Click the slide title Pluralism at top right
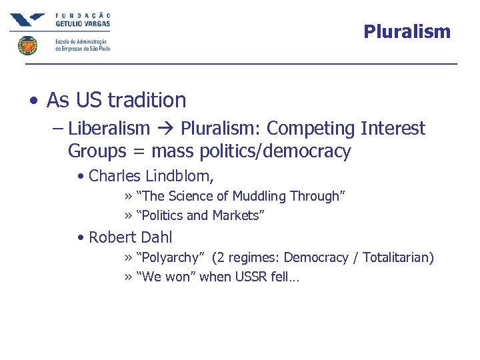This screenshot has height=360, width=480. click(x=407, y=31)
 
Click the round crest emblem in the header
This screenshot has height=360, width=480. click(x=27, y=45)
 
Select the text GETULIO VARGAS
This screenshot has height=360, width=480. click(x=83, y=23)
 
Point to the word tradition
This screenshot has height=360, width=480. click(x=147, y=100)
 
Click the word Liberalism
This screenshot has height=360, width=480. click(x=109, y=128)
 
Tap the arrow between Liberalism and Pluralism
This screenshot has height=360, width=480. click(x=165, y=129)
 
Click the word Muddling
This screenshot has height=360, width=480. click(x=250, y=196)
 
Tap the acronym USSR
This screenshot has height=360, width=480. click(x=251, y=277)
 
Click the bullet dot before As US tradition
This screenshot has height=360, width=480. click(x=33, y=101)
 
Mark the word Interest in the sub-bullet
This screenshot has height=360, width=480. click(x=393, y=128)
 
